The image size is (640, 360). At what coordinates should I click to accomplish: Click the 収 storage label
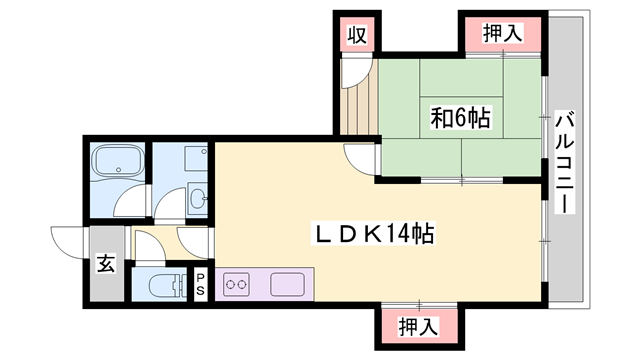point(354,35)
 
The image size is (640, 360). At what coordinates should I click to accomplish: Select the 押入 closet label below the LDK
point(417,326)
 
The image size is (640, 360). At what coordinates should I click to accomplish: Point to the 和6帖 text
point(461,118)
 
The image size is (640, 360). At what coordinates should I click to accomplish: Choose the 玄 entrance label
point(105,265)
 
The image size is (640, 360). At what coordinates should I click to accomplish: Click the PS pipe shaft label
point(200,284)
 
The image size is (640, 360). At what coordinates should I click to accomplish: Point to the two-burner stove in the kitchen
point(238,285)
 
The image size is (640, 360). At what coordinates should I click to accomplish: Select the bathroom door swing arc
point(127,205)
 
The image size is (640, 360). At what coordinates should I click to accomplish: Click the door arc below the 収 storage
point(353,71)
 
